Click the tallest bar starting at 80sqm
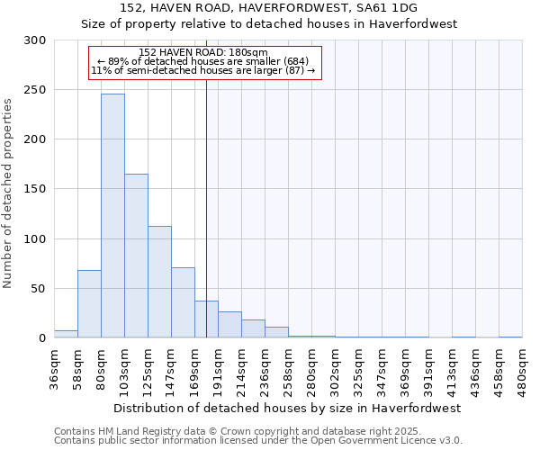[112, 216]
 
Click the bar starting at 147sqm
[183, 302]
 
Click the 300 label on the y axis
[35, 40]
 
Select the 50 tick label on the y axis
[39, 289]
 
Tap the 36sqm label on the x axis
[55, 369]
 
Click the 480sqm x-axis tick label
[522, 369]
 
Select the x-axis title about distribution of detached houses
[288, 408]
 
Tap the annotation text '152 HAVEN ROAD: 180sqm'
[203, 53]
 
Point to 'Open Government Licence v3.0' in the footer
[386, 440]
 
